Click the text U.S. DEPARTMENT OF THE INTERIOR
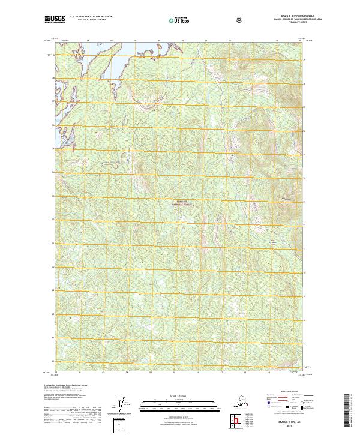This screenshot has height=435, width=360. pyautogui.click(x=91, y=18)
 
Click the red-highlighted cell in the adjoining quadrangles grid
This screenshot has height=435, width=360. pyautogui.click(x=233, y=419)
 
